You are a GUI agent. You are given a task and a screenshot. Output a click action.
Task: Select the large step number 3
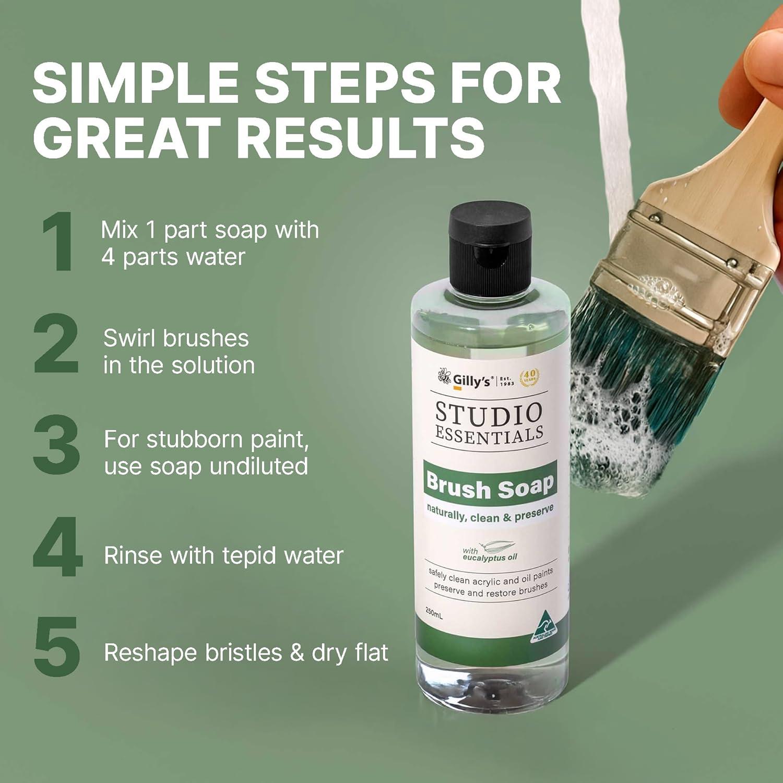tap(56, 445)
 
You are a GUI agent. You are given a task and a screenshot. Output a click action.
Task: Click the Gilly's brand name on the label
tap(471, 381)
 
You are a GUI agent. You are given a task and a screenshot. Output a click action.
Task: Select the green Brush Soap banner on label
tap(490, 485)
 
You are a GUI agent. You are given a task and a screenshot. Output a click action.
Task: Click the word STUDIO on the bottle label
tap(489, 413)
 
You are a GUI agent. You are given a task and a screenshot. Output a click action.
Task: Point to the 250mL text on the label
tap(434, 612)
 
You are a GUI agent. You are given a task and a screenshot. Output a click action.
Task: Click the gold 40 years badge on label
tap(529, 376)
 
